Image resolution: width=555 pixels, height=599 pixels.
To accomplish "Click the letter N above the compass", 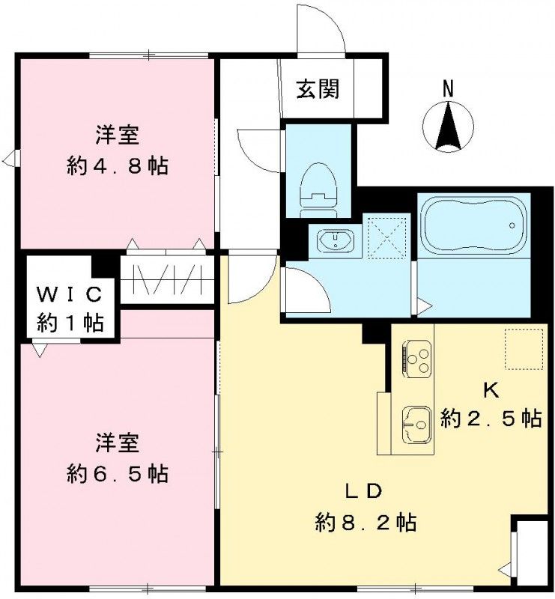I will [x=448, y=88].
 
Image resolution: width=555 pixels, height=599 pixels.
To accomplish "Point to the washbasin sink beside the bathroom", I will [x=335, y=241].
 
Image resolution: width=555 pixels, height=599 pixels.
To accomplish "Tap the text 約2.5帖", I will [x=491, y=419].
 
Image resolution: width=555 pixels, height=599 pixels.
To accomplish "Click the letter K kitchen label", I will [x=490, y=390].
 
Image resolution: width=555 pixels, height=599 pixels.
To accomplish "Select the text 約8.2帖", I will [x=365, y=522].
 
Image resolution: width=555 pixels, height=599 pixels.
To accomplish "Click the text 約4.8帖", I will [x=117, y=165].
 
